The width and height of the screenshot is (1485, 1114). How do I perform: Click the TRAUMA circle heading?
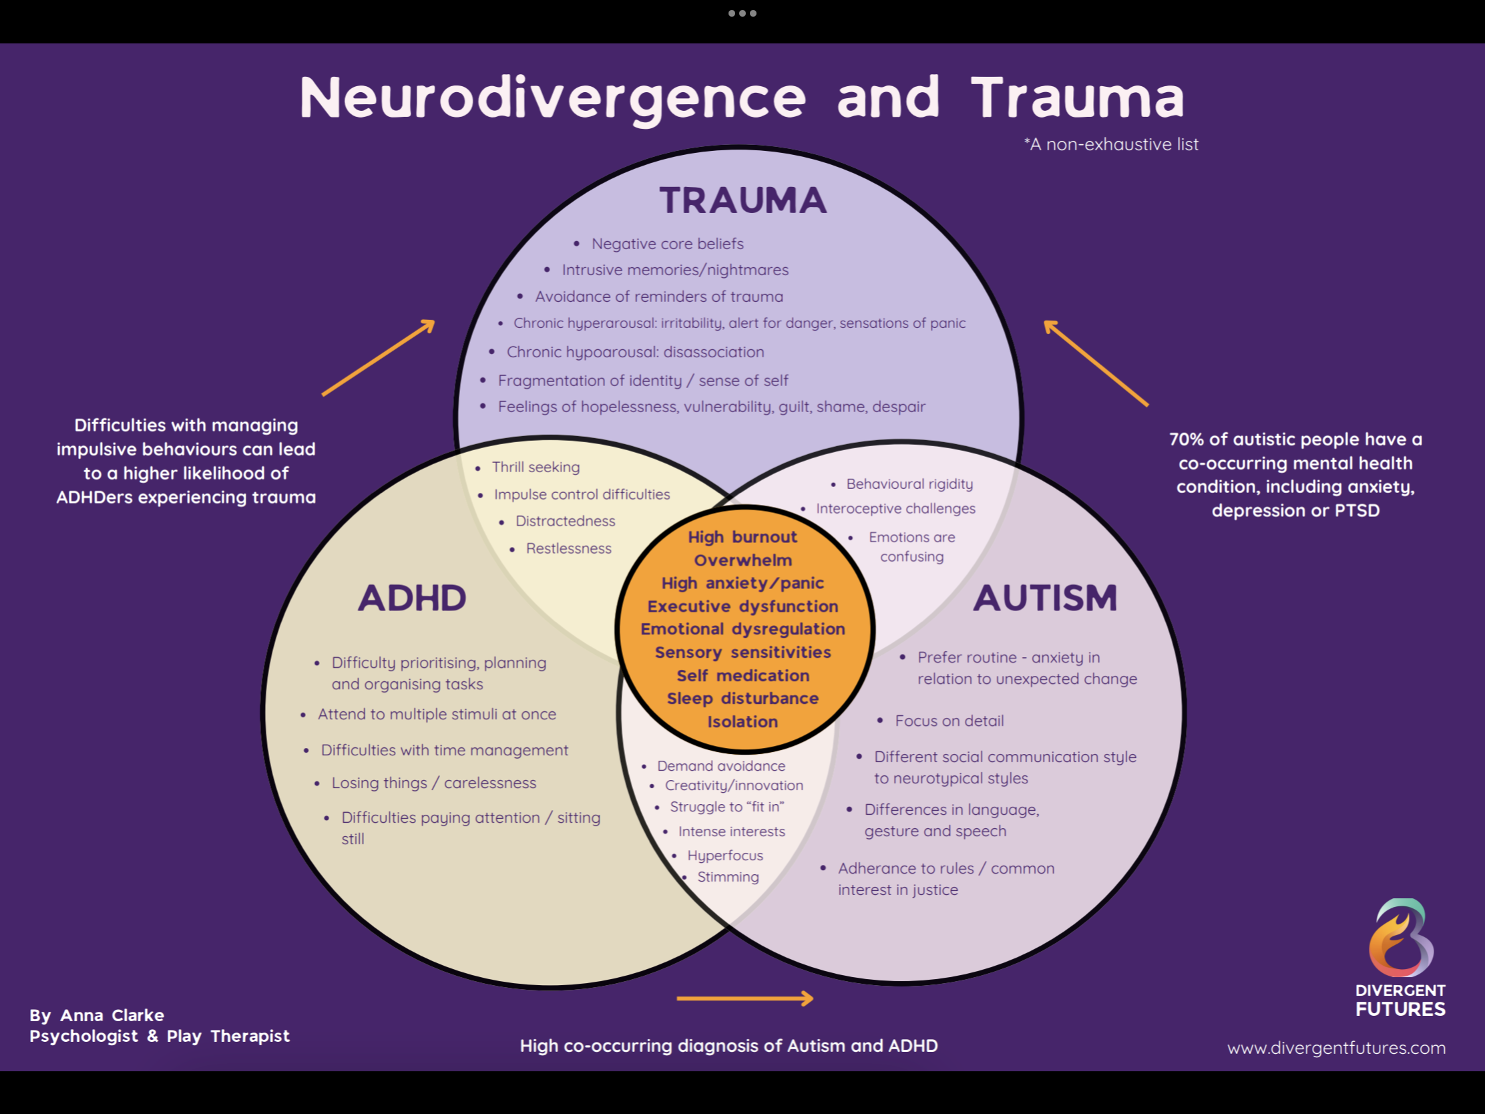tap(742, 200)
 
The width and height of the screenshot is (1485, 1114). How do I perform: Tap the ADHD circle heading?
tap(411, 598)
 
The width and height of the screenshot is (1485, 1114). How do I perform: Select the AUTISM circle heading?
tap(1044, 598)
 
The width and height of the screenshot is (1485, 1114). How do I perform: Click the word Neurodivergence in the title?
tap(552, 98)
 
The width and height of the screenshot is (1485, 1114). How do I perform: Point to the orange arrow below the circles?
tap(745, 998)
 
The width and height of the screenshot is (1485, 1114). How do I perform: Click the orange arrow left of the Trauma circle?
tap(379, 358)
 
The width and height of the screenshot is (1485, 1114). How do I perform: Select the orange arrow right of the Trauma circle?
tap(1095, 363)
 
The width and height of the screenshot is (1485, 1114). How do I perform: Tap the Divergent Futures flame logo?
tap(1401, 938)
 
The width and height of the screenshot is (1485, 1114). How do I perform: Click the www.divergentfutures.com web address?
tap(1336, 1047)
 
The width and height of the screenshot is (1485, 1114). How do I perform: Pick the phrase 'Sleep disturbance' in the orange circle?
tap(742, 699)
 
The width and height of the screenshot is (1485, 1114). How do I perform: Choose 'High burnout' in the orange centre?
tap(742, 537)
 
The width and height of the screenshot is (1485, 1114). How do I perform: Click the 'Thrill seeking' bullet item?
tap(535, 467)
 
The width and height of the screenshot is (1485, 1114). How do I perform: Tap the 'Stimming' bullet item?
tap(728, 877)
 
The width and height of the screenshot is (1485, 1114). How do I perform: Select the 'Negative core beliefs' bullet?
tap(667, 244)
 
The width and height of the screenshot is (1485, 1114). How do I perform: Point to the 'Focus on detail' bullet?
tap(949, 721)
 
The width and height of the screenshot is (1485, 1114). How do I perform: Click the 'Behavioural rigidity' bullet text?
tap(909, 484)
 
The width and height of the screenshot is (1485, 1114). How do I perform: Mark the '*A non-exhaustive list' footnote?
tap(1111, 144)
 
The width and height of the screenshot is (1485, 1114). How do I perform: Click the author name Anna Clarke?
tap(112, 1014)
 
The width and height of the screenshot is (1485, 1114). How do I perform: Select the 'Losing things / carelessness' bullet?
tap(434, 783)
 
